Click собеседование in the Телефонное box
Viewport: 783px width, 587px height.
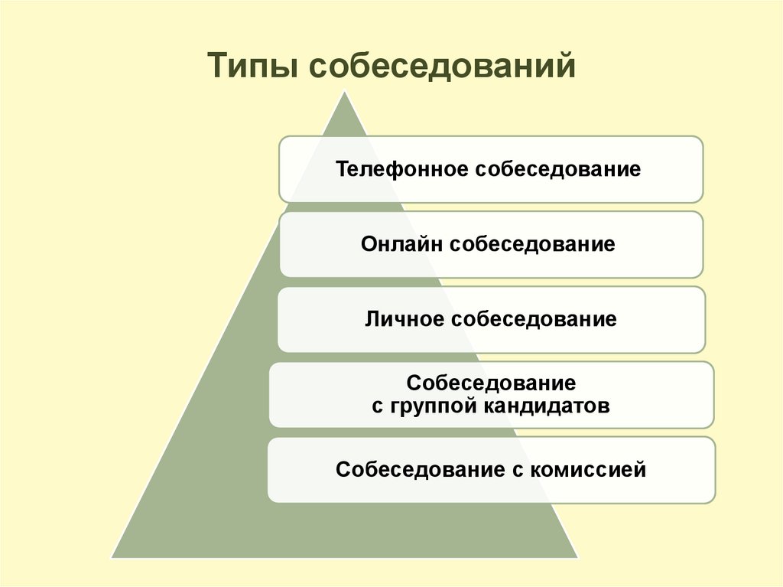coord(557,169)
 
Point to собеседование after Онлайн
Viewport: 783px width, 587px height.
coord(533,244)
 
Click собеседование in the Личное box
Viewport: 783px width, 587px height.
coord(534,319)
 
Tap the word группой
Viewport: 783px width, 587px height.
coord(432,406)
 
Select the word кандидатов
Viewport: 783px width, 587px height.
coord(547,406)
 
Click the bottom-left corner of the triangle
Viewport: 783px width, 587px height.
coord(112,557)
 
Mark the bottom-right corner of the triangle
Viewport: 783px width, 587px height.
coord(577,557)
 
